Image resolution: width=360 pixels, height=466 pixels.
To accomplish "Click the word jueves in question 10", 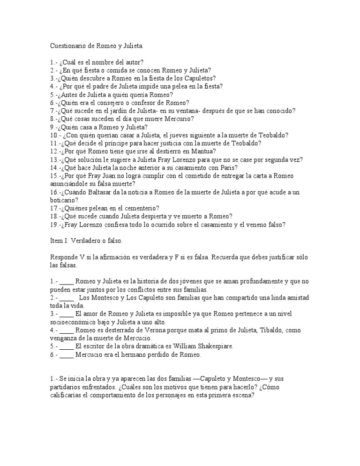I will [172, 135].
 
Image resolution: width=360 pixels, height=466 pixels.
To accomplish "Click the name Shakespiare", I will [213, 346].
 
